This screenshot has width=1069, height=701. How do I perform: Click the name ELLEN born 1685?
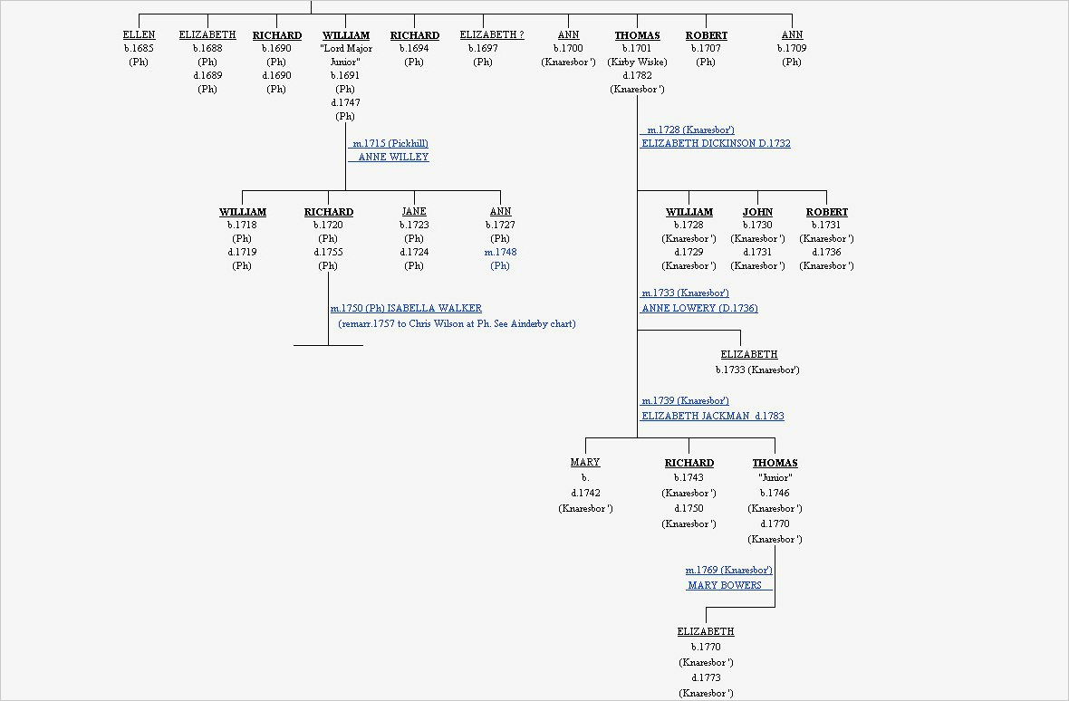139,35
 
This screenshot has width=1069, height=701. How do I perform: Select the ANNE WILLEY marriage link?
393,158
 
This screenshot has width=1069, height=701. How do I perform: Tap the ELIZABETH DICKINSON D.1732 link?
716,144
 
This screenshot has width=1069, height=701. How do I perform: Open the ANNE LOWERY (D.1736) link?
699,309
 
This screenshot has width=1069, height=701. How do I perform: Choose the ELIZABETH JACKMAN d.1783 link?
712,417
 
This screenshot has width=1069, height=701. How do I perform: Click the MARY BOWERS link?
725,586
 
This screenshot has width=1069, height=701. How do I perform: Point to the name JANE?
414,212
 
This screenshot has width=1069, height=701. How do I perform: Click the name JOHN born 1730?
757,212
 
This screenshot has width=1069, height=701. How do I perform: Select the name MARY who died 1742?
585,463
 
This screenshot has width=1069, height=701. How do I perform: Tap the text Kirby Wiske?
637,62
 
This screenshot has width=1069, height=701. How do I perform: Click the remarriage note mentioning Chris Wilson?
457,324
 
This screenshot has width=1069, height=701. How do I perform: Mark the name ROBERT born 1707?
706,35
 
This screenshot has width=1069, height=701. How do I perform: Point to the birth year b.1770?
706,648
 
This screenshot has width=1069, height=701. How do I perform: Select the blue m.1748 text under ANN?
500,253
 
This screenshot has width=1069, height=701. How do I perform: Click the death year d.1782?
637,76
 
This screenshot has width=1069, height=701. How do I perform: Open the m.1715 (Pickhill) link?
390,144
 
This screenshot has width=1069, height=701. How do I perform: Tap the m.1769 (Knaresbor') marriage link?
728,571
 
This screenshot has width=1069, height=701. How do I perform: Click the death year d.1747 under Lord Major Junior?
345,103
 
